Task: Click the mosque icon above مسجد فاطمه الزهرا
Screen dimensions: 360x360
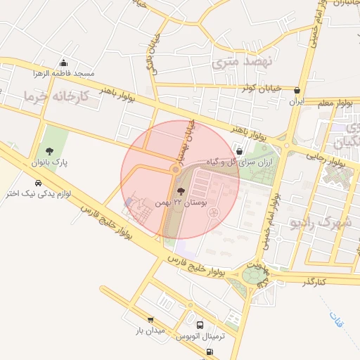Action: click(65, 63)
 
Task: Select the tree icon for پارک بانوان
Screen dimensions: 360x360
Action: click(49, 151)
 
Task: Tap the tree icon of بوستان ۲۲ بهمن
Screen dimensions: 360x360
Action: click(181, 191)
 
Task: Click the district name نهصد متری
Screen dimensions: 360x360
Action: click(236, 63)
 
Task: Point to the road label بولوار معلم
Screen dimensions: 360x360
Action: click(334, 103)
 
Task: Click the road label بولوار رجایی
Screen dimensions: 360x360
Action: click(330, 161)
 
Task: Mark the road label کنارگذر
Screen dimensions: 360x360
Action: click(314, 281)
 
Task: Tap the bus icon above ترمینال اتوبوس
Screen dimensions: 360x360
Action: click(201, 326)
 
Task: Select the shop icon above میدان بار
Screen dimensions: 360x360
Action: click(150, 320)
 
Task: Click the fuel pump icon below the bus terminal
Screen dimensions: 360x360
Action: click(209, 352)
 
